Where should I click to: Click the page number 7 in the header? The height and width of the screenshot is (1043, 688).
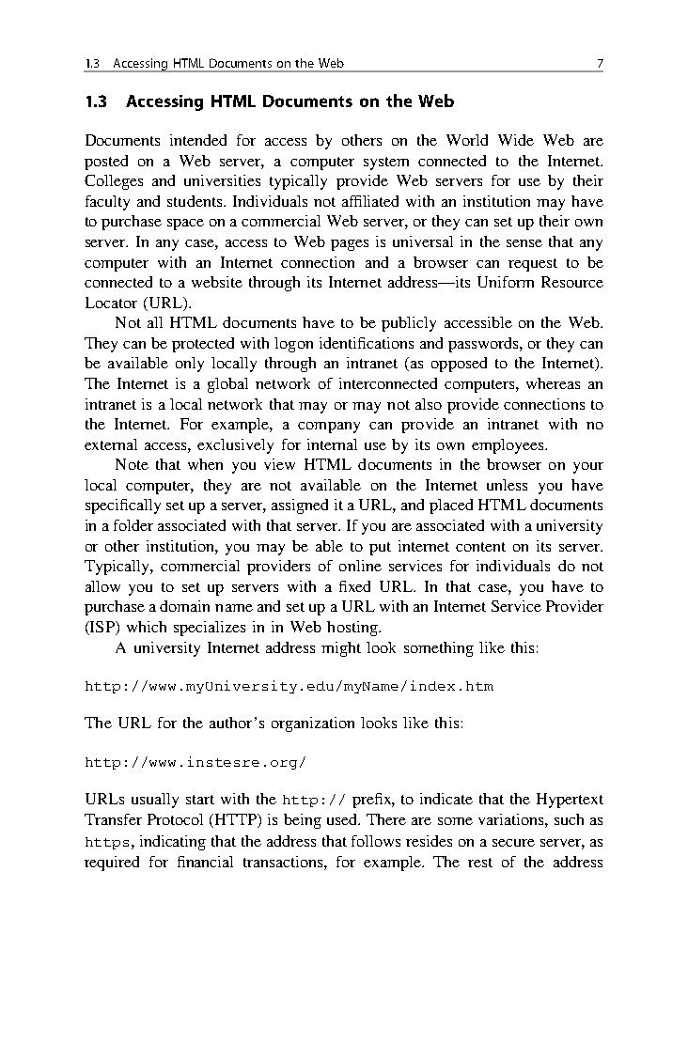[x=599, y=64]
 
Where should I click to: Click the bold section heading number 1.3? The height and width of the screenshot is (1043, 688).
[x=97, y=101]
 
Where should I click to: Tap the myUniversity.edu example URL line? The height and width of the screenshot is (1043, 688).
[x=289, y=686]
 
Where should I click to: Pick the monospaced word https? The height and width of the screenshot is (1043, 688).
[x=107, y=841]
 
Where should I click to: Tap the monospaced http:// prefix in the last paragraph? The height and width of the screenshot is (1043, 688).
[x=314, y=801]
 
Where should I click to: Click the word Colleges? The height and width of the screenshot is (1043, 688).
[x=113, y=181]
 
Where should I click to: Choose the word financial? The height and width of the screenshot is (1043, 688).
[x=211, y=861]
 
